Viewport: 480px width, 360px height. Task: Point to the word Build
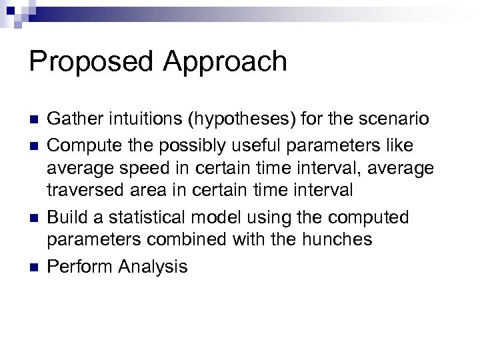(x=65, y=218)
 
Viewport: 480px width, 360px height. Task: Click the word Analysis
(x=153, y=267)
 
